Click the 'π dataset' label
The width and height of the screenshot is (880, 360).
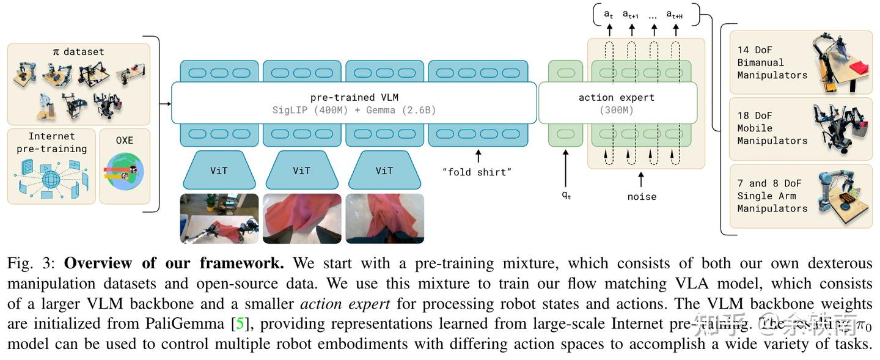pos(78,52)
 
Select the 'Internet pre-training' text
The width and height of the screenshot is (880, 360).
pos(51,142)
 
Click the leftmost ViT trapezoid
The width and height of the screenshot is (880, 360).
pos(218,171)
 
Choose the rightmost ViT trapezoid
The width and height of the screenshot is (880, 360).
pos(384,171)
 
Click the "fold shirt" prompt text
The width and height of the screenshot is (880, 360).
pos(477,172)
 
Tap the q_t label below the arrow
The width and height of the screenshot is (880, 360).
pos(566,196)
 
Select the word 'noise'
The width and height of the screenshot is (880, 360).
pos(642,197)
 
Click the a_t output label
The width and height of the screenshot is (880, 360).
pos(609,14)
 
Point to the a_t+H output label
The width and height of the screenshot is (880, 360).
pos(674,14)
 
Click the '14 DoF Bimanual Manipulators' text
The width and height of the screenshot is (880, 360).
pos(772,62)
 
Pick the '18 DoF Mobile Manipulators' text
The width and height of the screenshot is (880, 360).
pos(772,128)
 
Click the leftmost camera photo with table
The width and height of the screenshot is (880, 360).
pos(219,218)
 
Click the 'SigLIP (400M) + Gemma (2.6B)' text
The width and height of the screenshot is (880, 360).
pos(354,111)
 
